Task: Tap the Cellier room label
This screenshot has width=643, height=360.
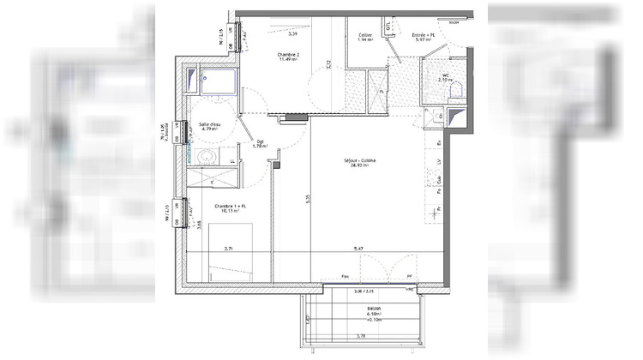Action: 364,37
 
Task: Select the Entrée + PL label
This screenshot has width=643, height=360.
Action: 427,37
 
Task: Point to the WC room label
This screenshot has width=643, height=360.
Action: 444,76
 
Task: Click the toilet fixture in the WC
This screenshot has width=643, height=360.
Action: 456,87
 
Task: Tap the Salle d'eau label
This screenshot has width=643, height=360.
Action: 211,126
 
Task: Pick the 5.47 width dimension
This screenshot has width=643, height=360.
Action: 357,249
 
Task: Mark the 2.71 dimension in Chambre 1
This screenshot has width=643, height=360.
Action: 229,249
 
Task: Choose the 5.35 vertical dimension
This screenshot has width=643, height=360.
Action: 306,198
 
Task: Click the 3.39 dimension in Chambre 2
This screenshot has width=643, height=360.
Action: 293,34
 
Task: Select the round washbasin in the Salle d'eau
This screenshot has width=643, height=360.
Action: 206,157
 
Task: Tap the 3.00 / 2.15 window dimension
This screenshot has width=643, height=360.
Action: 352,292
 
